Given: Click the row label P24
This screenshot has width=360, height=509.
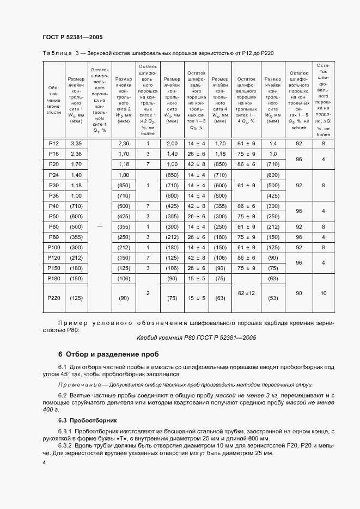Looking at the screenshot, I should point(53,174).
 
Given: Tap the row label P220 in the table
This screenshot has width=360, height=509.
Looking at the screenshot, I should point(53,298).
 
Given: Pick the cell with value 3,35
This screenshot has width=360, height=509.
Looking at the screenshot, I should point(76,143).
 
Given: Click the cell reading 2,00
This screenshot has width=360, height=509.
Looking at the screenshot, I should point(172,143).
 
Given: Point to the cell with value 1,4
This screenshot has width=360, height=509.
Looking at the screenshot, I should point(272,143).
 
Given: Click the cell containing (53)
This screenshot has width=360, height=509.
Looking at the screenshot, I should point(272,298).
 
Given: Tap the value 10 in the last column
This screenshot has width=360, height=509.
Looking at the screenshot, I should point(324,293).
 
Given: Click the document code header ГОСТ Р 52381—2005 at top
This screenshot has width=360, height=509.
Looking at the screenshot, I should point(72,37).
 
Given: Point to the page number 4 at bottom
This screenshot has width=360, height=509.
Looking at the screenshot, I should point(44,462).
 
